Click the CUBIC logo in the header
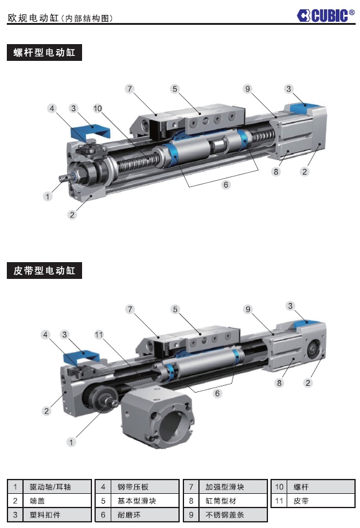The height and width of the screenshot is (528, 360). click(x=325, y=16)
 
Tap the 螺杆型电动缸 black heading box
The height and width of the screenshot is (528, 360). click(x=44, y=53)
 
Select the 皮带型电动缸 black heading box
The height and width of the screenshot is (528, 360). click(x=44, y=271)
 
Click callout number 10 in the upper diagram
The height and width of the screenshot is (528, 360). click(x=98, y=109)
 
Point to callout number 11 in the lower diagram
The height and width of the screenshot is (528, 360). click(x=99, y=335)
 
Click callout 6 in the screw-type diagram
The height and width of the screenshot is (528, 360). click(x=226, y=184)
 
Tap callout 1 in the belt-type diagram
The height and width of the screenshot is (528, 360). click(x=71, y=442)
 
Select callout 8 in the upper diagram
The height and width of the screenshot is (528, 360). click(x=276, y=171)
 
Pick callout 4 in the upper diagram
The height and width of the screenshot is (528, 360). click(x=52, y=109)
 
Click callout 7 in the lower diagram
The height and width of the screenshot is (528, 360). click(x=130, y=309)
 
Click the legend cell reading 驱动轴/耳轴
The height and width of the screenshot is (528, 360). click(x=50, y=487)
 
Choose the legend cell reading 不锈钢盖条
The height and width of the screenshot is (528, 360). click(x=225, y=515)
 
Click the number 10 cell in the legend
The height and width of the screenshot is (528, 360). click(x=279, y=487)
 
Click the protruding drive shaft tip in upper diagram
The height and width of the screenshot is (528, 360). click(x=65, y=176)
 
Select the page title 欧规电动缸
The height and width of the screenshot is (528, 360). click(x=33, y=18)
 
